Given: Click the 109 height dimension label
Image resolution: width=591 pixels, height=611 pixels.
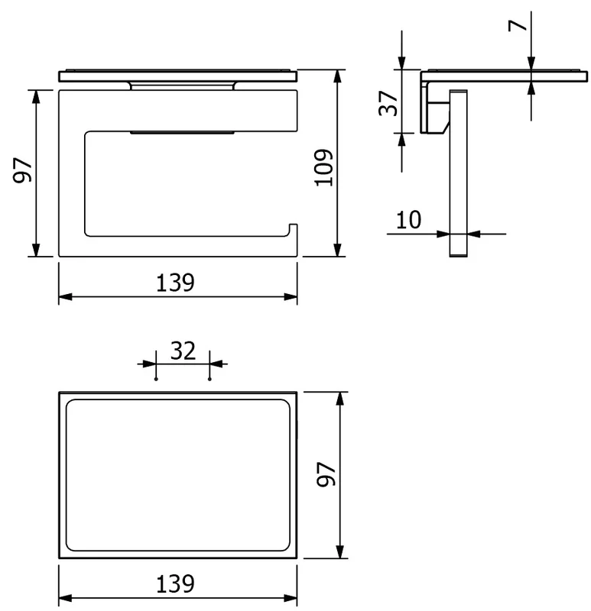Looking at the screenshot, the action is tap(323, 167).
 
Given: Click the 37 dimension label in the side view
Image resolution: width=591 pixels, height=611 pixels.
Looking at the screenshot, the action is tap(388, 103).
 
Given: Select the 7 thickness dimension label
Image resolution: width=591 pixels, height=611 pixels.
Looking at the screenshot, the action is tap(518, 25).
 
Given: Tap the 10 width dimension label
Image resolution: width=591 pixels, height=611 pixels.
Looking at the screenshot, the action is tap(408, 220).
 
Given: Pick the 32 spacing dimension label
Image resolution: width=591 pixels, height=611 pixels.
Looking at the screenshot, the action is tap(183, 351).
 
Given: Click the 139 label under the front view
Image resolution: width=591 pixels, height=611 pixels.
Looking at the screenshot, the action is tap(175, 283).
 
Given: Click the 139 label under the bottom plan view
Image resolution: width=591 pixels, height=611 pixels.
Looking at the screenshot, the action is tap(175, 584).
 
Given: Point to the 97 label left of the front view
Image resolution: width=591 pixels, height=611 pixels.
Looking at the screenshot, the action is tap(22, 170).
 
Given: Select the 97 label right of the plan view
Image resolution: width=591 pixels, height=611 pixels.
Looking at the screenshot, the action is tap(326, 474).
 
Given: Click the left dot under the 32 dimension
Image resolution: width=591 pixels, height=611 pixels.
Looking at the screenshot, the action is tap(156, 379).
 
